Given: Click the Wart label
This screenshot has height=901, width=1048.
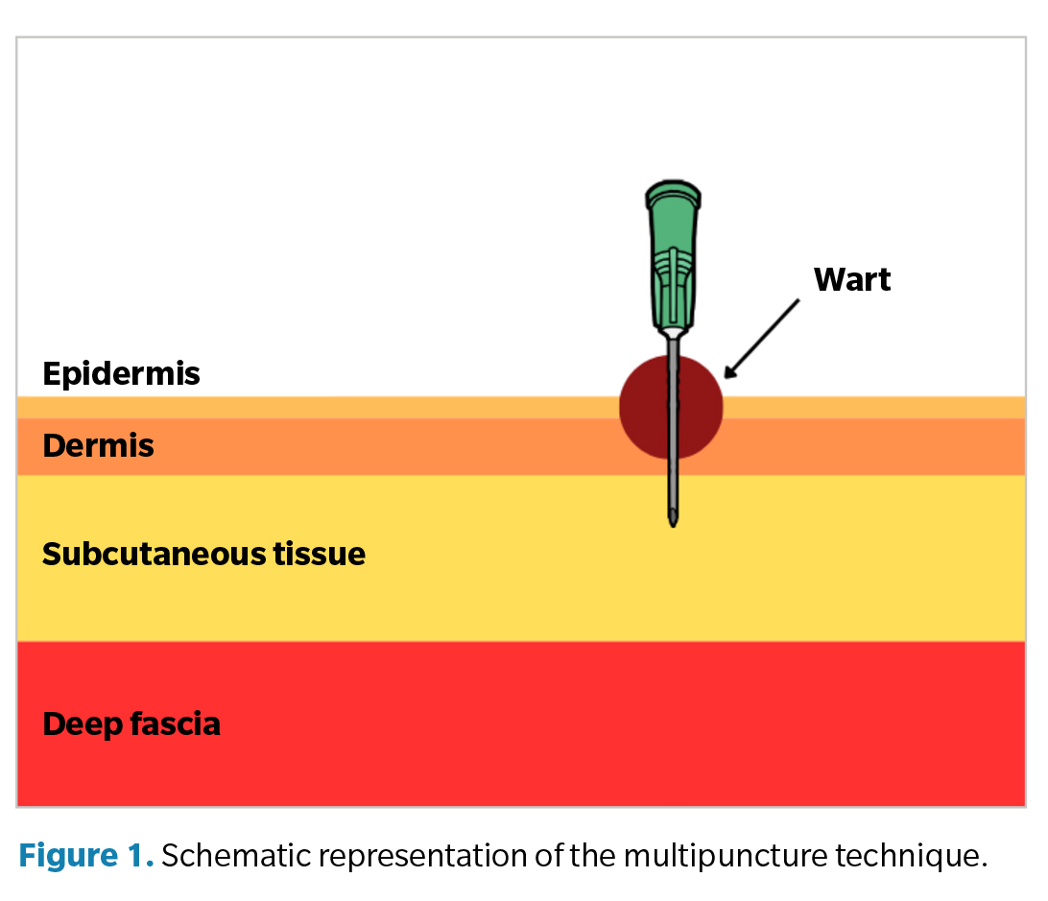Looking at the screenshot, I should [851, 279].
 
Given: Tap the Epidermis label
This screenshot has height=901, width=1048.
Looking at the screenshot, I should [121, 373].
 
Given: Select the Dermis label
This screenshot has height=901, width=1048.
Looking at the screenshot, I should [98, 446].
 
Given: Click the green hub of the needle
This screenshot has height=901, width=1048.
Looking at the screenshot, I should [672, 259].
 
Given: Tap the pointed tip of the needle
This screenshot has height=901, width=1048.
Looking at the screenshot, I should [674, 522].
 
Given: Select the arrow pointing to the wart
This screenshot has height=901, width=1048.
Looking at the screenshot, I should [763, 336].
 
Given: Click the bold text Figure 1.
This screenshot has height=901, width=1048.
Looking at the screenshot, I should [85, 856].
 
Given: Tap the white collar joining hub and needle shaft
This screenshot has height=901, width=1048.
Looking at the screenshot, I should [673, 333].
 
